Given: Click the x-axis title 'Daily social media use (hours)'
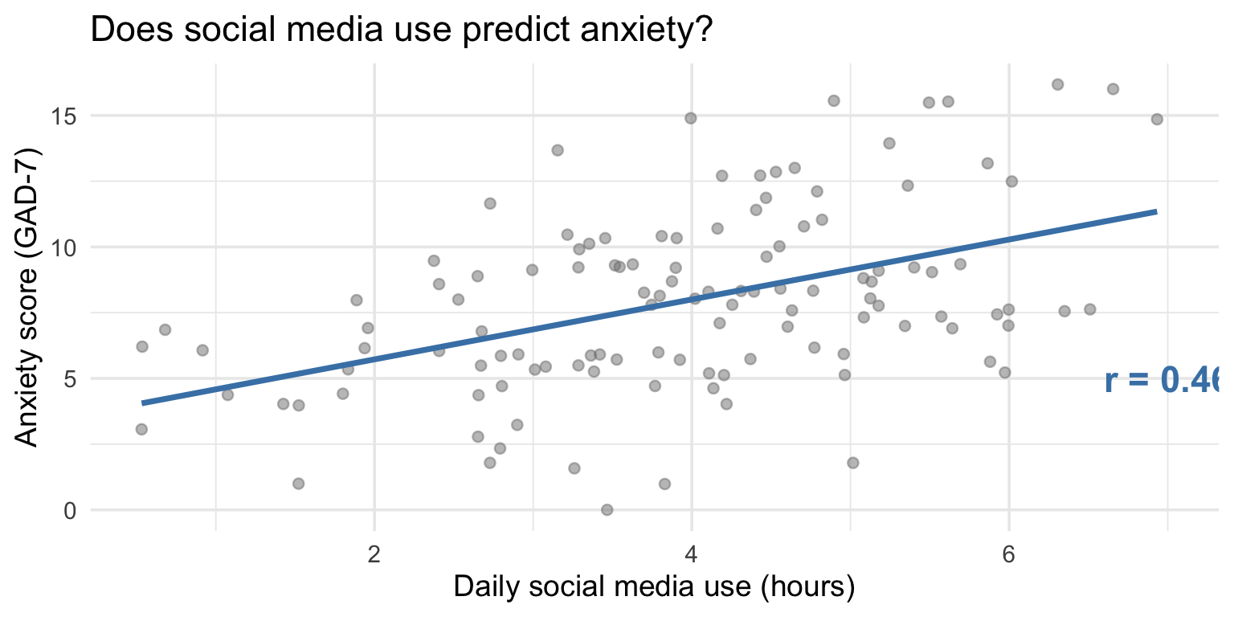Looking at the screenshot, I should pyautogui.click(x=653, y=587).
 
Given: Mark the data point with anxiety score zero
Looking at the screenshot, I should pyautogui.click(x=607, y=509).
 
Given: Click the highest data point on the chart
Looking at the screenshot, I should pyautogui.click(x=1057, y=84).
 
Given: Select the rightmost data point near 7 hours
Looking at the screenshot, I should pyautogui.click(x=1157, y=119).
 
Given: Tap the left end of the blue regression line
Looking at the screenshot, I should pyautogui.click(x=143, y=402).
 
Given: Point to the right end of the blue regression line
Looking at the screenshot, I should pyautogui.click(x=1156, y=211).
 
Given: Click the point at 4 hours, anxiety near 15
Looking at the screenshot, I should pyautogui.click(x=690, y=118).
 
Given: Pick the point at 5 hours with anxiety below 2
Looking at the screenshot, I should pyautogui.click(x=852, y=463).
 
